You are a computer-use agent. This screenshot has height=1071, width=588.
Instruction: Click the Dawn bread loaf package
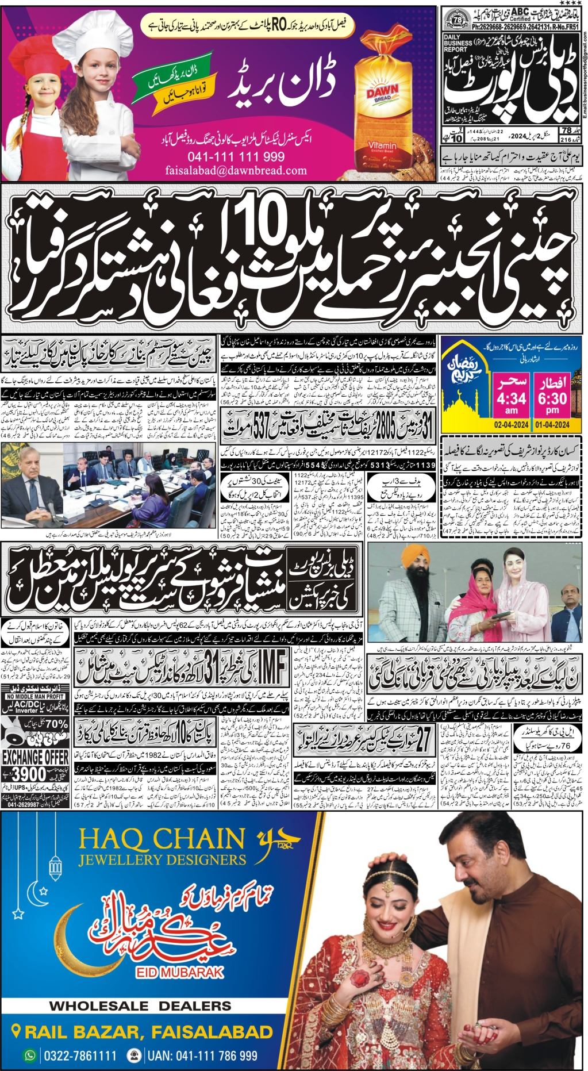click(382, 115)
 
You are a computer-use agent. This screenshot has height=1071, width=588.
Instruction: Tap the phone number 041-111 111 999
click(236, 157)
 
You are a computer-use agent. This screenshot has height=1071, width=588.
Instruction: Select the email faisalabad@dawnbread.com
click(236, 170)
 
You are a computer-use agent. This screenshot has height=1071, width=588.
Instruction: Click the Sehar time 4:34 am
click(512, 398)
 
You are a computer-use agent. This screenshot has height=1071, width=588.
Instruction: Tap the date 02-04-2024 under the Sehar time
click(512, 425)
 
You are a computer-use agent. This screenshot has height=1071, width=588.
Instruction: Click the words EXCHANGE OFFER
click(36, 757)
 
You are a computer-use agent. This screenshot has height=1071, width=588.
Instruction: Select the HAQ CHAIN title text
click(162, 839)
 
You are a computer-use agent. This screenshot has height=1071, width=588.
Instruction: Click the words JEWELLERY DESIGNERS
click(162, 860)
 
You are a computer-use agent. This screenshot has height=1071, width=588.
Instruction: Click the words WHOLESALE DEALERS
click(140, 1006)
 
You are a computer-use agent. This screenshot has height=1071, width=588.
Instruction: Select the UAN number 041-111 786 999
click(202, 1055)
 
